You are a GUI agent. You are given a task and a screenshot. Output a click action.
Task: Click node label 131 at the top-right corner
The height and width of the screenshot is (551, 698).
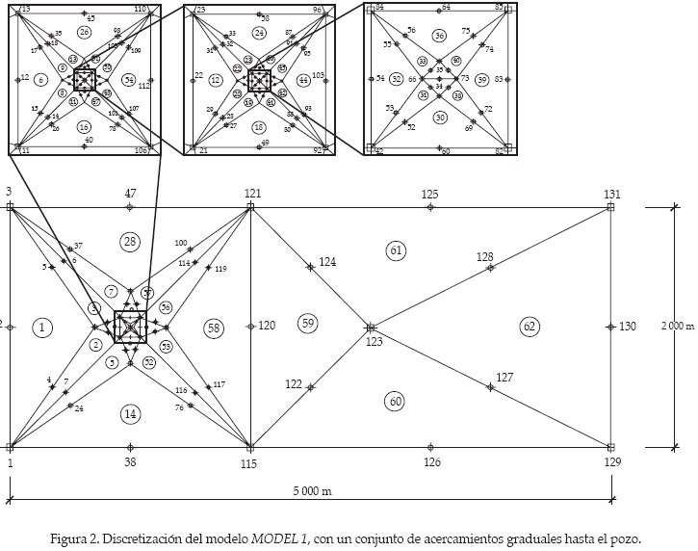pyautogui.click(x=612, y=195)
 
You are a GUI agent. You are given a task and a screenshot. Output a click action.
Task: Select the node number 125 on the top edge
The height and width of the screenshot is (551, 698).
pyautogui.click(x=429, y=195)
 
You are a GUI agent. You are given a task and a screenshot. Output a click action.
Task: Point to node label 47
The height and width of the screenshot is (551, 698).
pyautogui.click(x=130, y=195)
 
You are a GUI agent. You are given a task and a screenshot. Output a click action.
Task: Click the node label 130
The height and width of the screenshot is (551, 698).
pyautogui.click(x=627, y=327)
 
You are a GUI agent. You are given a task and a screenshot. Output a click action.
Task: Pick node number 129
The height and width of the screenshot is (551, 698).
pyautogui.click(x=612, y=462)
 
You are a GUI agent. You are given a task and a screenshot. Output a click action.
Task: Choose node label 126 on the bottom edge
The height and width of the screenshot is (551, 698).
pyautogui.click(x=431, y=462)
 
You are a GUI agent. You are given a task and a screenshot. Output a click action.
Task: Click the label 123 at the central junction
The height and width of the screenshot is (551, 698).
pyautogui.click(x=373, y=341)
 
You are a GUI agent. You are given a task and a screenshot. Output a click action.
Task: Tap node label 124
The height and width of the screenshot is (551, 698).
pyautogui.click(x=327, y=261)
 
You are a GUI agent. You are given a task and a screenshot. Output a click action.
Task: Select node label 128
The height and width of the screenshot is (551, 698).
pyautogui.click(x=484, y=257)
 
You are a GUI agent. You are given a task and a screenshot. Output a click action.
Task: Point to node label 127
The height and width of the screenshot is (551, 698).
pyautogui.click(x=504, y=377)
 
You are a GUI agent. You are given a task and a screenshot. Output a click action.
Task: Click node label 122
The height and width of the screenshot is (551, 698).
pyautogui.click(x=294, y=384)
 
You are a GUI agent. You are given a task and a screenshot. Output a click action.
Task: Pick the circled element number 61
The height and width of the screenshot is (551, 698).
pyautogui.click(x=396, y=250)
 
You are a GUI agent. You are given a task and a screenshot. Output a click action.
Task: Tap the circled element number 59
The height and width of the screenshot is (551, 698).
pyautogui.click(x=307, y=322)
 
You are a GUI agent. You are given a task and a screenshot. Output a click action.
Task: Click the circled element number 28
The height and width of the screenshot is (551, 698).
pyautogui.click(x=131, y=240)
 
